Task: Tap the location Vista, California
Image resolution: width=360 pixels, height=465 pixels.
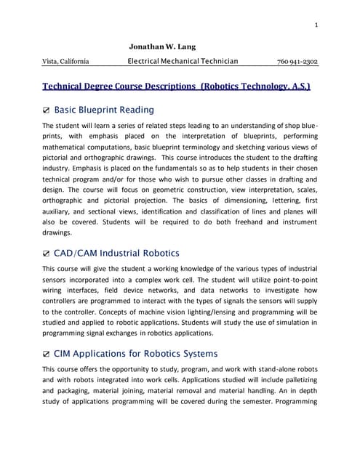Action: tap(66, 62)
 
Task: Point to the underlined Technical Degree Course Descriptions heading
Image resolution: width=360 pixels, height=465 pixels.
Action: tap(177, 86)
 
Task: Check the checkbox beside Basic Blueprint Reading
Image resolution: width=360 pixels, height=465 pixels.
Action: tap(47, 111)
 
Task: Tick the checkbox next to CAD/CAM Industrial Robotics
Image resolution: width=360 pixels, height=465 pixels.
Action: tap(47, 254)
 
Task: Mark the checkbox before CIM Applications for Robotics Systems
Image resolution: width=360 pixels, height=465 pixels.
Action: tap(47, 355)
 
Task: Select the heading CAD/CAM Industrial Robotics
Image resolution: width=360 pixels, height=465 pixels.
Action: tap(121, 253)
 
